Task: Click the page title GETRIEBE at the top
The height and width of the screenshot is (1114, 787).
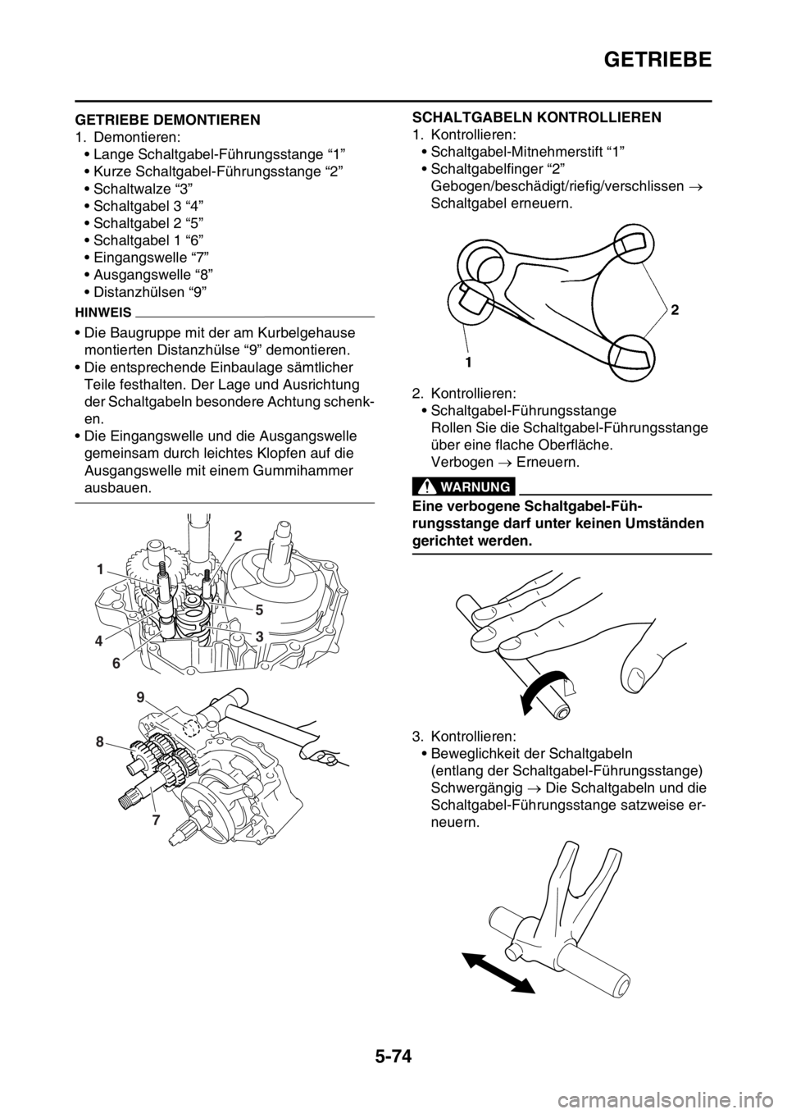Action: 657,59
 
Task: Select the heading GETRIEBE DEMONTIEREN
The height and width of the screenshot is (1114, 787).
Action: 167,120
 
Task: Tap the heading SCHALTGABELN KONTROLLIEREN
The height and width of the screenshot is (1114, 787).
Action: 537,117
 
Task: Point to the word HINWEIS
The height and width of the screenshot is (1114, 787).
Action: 103,313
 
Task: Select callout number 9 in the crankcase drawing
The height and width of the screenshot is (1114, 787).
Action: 141,698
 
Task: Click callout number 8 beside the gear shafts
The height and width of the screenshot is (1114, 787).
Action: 100,742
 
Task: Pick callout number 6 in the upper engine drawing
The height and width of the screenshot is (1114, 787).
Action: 116,664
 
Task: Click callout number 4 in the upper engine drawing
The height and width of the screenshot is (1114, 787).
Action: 100,641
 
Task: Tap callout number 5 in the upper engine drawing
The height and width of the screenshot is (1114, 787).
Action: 259,610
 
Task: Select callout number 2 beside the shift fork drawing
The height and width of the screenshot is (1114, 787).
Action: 674,311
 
